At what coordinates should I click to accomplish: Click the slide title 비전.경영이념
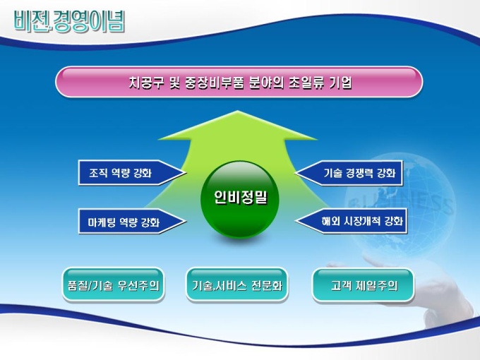pos(69,21)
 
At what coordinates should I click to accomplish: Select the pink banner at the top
pos(239,82)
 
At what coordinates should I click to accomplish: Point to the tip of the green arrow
pos(237,111)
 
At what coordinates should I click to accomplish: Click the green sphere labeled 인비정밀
pos(240,199)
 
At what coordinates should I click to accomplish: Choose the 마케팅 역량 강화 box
pos(132,222)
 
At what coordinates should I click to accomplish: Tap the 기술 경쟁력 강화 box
pos(349,173)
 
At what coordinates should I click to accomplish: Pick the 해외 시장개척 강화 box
pos(351,221)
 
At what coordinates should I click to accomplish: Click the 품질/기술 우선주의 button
pos(113,285)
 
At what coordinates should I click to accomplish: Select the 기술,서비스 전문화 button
pos(237,285)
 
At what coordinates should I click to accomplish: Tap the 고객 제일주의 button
pos(363,285)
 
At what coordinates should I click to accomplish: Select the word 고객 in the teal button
pos(340,286)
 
